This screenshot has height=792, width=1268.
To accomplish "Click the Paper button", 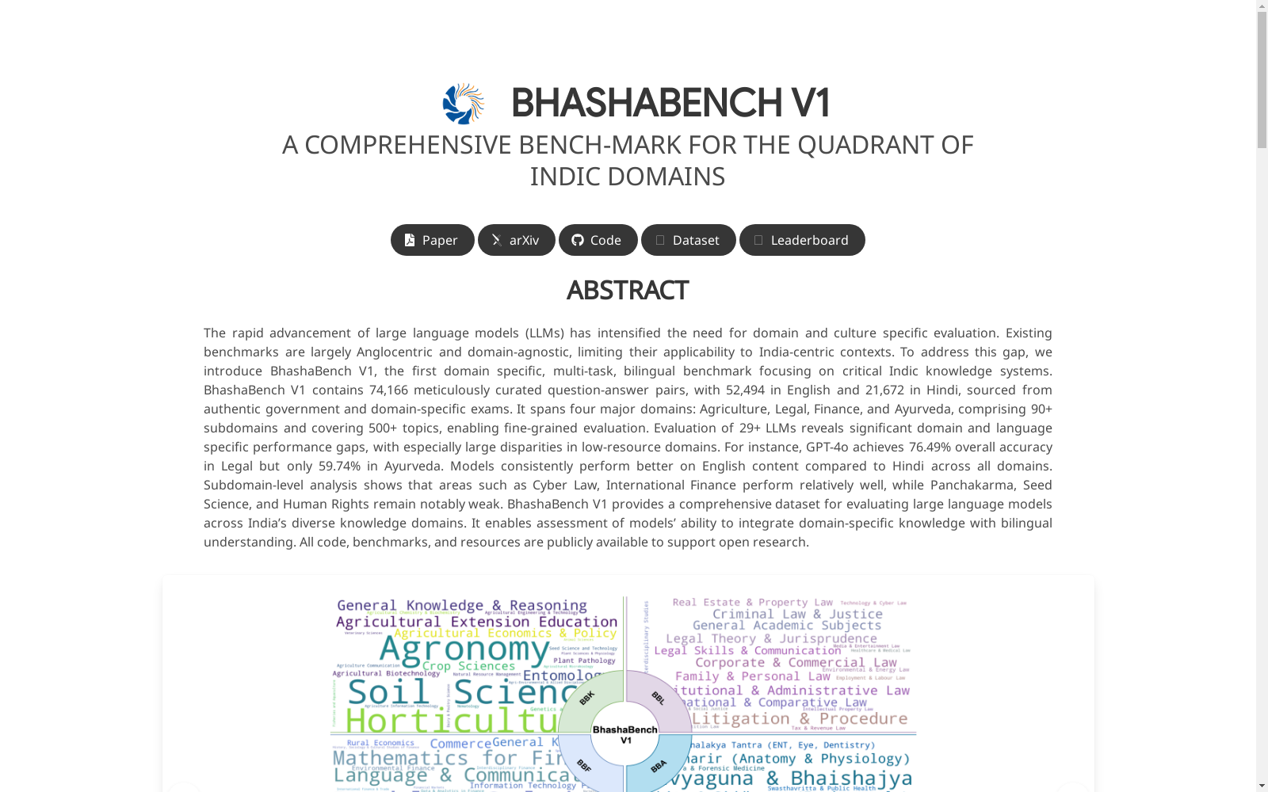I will pyautogui.click(x=432, y=240).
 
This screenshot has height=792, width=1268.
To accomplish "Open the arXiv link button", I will pyautogui.click(x=516, y=240).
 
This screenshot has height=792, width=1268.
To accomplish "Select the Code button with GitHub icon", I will pyautogui.click(x=598, y=240).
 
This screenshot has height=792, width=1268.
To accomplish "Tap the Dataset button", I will pyautogui.click(x=688, y=240).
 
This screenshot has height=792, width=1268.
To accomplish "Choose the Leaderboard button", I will pyautogui.click(x=801, y=240).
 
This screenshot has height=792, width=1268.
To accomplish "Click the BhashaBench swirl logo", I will pyautogui.click(x=463, y=104).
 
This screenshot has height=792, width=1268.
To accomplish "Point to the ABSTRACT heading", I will pyautogui.click(x=627, y=291).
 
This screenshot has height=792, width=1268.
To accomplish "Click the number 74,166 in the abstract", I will pyautogui.click(x=388, y=390).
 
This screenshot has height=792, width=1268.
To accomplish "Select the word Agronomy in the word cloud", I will pyautogui.click(x=464, y=649).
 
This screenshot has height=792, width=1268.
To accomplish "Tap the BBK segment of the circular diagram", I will pyautogui.click(x=588, y=698).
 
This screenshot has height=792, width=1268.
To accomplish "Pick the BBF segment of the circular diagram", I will pyautogui.click(x=585, y=765).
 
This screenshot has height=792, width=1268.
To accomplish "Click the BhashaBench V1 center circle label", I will pyautogui.click(x=624, y=734).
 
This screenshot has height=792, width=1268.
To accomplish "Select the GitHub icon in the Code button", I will pyautogui.click(x=578, y=240).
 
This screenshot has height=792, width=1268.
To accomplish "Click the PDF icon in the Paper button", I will pyautogui.click(x=410, y=240).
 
